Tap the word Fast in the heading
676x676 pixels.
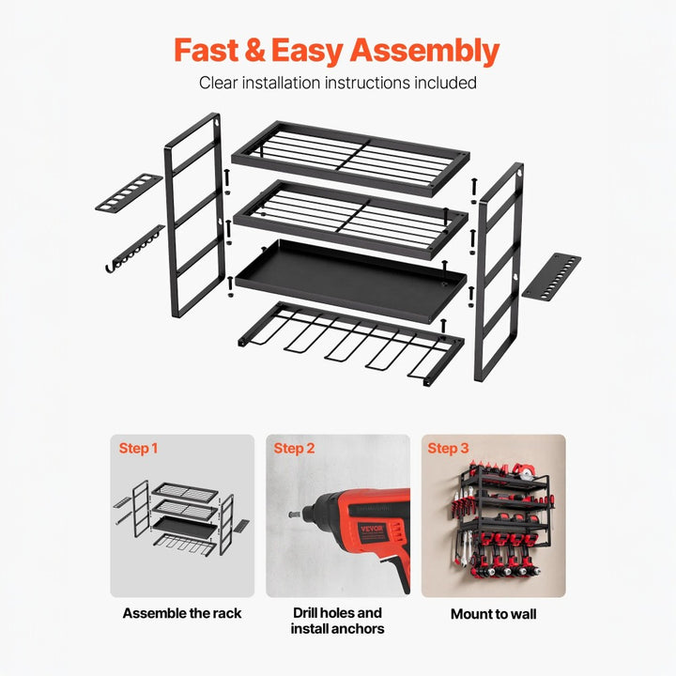[x=211, y=50]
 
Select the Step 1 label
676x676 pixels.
[x=138, y=449]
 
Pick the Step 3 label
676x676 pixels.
[x=448, y=449]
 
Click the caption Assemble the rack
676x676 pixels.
[x=182, y=613]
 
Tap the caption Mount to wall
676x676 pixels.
[x=493, y=614]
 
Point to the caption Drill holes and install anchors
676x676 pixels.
[x=337, y=621]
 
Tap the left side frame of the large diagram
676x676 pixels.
[x=194, y=216]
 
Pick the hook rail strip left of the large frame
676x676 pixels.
[x=133, y=251]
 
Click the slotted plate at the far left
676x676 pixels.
[x=129, y=192]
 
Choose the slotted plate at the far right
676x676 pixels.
[x=551, y=276]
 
